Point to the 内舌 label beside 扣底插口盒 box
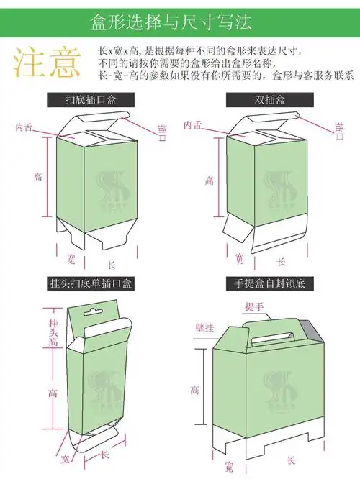24,127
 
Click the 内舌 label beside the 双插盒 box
192,125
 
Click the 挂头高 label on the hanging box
53,333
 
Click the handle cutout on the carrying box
274,338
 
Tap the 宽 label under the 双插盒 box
238,257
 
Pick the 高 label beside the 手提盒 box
194,390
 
